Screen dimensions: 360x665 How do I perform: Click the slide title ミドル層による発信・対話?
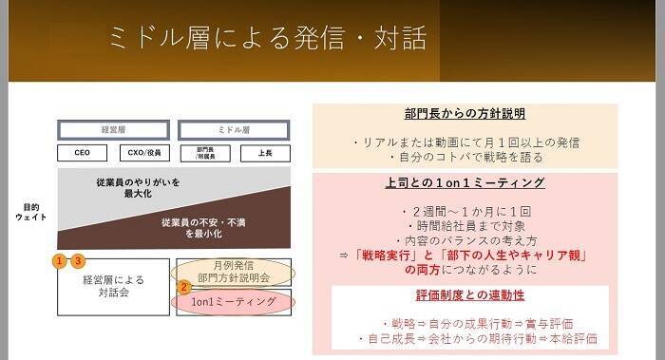tap(267, 37)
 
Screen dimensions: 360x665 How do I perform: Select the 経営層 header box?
tap(113, 128)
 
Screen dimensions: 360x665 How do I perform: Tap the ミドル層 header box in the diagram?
tap(235, 128)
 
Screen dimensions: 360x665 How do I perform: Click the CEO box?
tap(84, 152)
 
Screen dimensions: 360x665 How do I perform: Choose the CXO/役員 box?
tap(142, 152)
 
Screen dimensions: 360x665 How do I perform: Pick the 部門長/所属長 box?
tap(206, 152)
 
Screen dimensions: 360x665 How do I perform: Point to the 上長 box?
tap(265, 152)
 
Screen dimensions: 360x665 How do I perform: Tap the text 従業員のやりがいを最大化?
tap(138, 187)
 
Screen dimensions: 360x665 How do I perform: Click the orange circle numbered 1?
tap(60, 259)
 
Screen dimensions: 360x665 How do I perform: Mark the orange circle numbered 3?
tap(79, 259)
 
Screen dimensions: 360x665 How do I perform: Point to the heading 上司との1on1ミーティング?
tap(465, 182)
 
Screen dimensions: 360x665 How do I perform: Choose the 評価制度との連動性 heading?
tap(465, 295)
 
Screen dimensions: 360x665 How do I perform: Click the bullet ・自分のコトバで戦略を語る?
tap(465, 157)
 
